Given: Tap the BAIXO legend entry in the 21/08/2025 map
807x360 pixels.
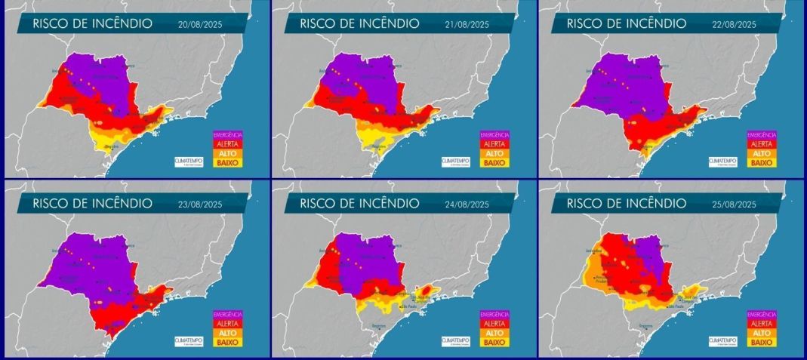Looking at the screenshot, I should (494, 162).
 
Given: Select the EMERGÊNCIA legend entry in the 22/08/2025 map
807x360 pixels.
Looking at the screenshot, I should (761, 134).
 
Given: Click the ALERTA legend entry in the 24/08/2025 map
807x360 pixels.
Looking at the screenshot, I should (494, 323).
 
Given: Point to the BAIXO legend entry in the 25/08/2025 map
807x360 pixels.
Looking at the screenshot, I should (761, 341).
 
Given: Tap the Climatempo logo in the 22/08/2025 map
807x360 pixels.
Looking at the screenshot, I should (722, 161).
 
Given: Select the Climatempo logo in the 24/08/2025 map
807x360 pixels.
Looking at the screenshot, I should (455, 340).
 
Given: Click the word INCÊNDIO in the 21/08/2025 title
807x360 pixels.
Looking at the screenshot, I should (382, 23).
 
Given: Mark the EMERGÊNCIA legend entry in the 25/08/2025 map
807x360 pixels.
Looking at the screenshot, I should (761, 314).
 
